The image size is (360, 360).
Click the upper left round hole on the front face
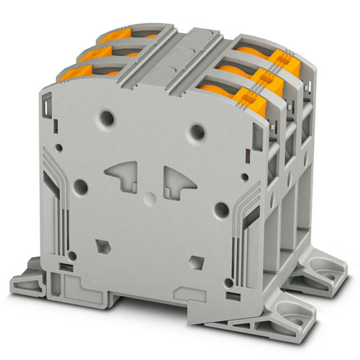109,115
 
